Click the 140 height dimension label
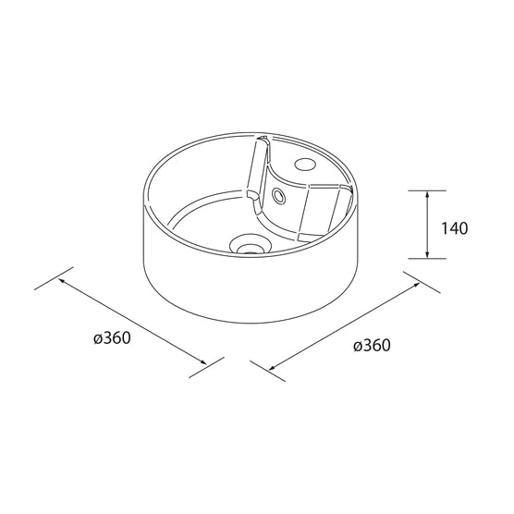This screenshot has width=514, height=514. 455,228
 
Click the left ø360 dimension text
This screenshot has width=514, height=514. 112,337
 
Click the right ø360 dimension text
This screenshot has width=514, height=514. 372,345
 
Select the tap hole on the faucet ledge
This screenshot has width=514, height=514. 305,164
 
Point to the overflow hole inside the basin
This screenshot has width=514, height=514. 279,196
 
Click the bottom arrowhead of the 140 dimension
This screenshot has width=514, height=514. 427,254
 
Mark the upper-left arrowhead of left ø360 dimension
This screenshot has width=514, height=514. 61,281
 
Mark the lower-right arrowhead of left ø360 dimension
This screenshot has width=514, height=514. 202,361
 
